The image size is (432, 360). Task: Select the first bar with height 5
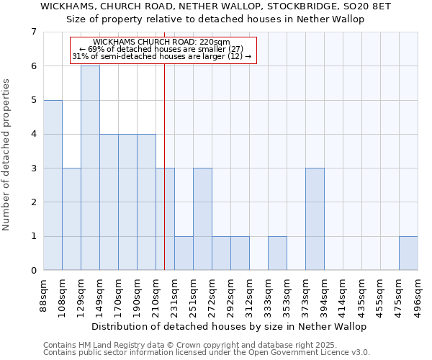53,185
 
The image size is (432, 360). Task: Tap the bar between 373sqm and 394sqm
315,219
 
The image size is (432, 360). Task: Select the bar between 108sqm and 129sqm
71,219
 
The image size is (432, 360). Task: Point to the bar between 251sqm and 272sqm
202,219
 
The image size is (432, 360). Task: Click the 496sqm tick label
418,295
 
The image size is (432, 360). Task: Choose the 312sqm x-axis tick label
250,295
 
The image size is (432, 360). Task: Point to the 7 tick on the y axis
33,32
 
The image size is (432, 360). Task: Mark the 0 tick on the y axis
33,271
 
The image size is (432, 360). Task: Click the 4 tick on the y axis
33,134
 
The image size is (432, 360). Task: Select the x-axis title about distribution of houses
230,326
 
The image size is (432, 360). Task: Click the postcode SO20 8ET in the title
367,6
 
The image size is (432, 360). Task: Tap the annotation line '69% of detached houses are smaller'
162,49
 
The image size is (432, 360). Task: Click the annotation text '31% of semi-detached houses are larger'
162,56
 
